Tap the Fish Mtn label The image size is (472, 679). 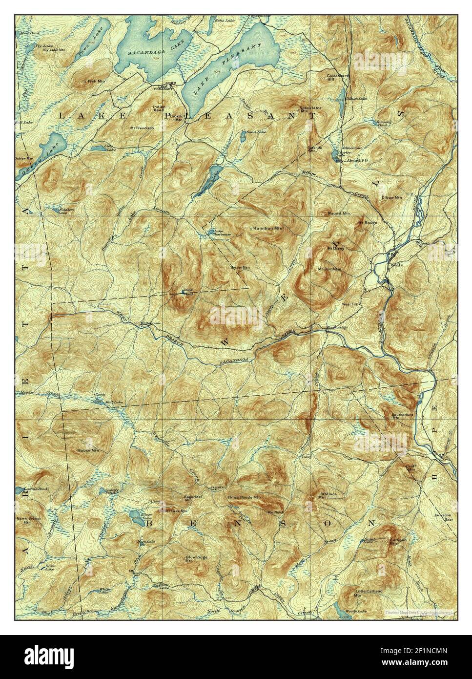click(x=96, y=81)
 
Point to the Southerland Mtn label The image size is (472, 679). click(x=402, y=417)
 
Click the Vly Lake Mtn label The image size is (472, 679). click(x=54, y=50)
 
